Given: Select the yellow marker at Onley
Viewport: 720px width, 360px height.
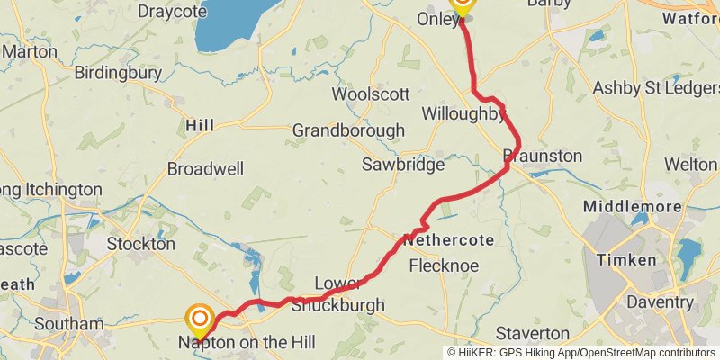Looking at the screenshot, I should [x=461, y=4].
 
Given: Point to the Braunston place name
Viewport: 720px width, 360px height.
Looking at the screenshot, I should [x=543, y=156].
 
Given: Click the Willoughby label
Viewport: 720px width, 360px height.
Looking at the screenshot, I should [x=463, y=113].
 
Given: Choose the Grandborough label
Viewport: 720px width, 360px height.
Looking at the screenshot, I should [x=348, y=130].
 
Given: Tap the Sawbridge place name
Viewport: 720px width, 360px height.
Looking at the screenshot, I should [x=403, y=165].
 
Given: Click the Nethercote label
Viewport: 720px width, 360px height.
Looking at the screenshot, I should [x=450, y=241].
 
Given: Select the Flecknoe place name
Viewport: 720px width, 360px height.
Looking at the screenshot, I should [x=444, y=265].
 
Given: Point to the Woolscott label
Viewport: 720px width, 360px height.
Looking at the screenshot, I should [x=371, y=94].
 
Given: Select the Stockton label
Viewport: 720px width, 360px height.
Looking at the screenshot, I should [x=140, y=244].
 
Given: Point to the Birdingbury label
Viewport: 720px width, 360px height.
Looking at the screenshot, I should [x=119, y=72].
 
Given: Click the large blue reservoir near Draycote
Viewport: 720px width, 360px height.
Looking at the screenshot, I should [x=229, y=25].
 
